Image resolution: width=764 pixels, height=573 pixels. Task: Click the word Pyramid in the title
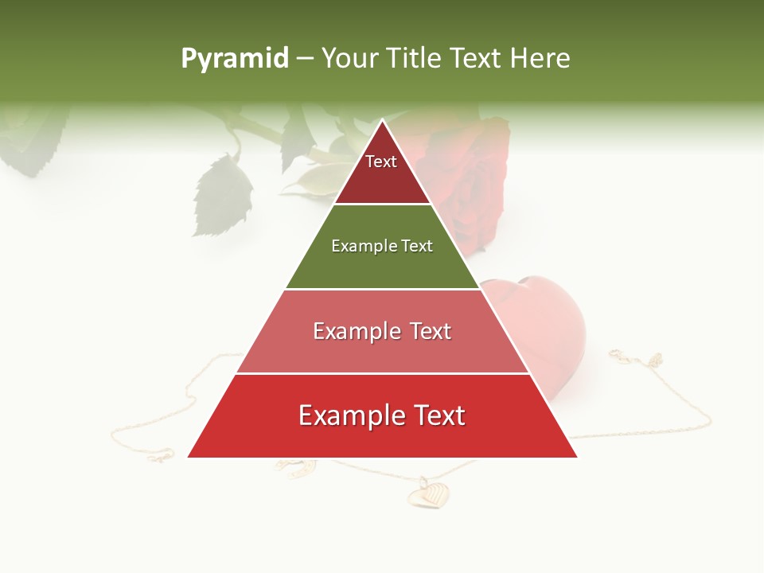[234, 59]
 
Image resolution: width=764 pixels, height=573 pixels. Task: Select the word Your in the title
[348, 58]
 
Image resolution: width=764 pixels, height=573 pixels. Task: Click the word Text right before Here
[478, 58]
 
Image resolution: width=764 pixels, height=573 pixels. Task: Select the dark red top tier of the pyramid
[382, 179]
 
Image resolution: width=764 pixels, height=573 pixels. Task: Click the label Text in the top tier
[381, 162]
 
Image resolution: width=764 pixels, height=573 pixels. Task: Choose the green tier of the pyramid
[382, 267]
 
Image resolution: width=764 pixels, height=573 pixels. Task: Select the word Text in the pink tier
[431, 331]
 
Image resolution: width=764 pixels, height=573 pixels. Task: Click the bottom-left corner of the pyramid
[189, 457]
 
